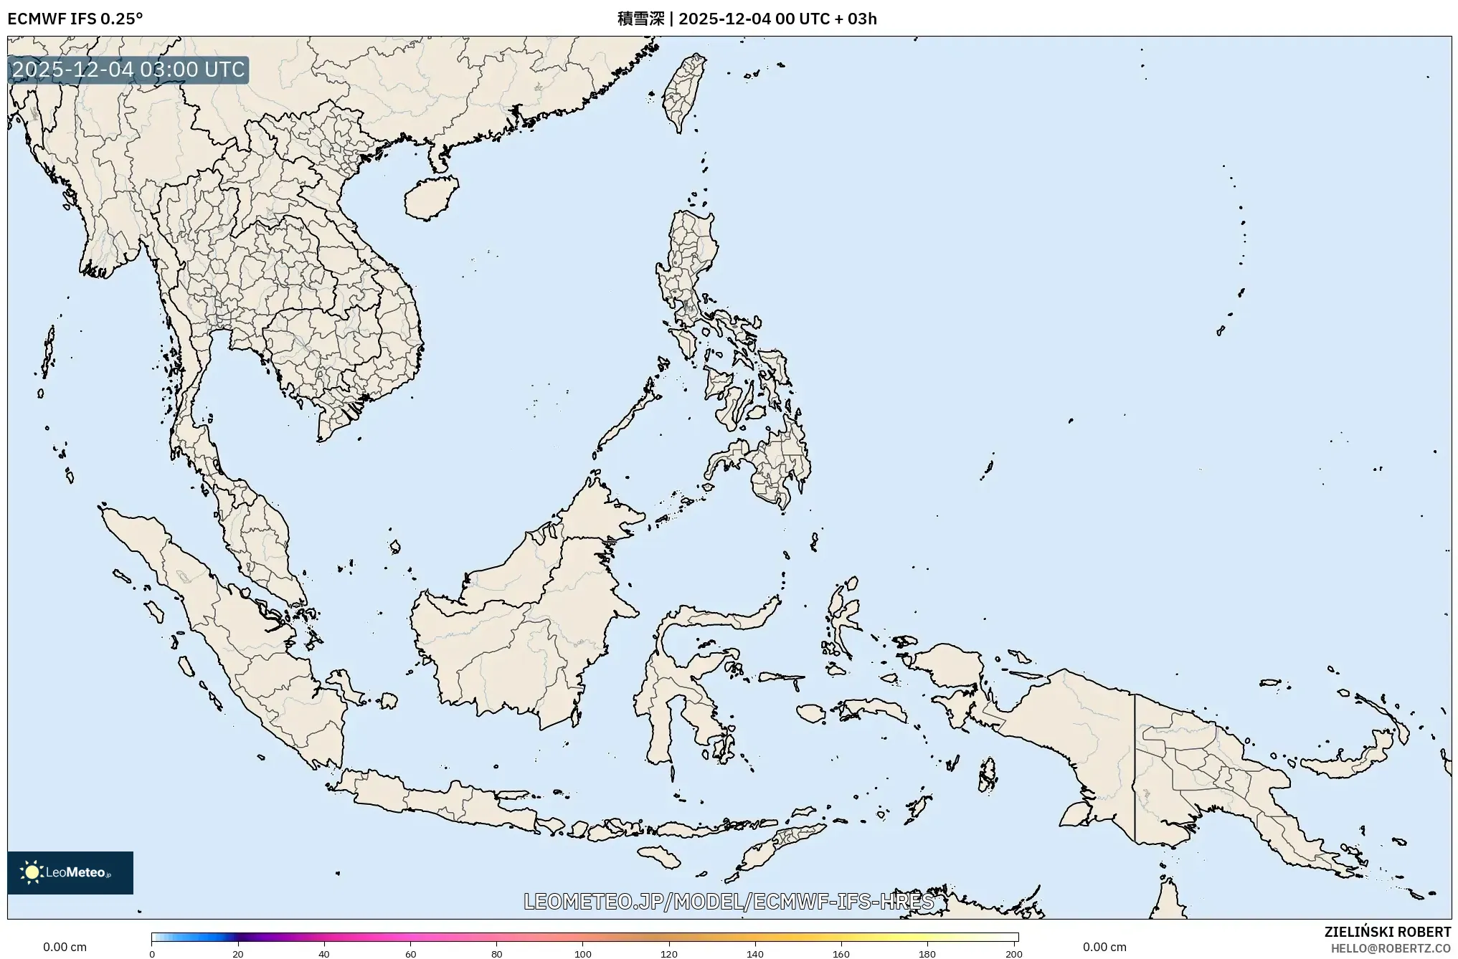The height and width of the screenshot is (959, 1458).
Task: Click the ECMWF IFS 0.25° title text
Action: pos(75,19)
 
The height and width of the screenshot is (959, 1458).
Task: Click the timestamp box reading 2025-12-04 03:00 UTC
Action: pos(128,70)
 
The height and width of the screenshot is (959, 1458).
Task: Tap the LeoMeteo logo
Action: pos(70,872)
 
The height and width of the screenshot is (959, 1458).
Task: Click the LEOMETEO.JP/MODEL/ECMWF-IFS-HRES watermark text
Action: pos(729,902)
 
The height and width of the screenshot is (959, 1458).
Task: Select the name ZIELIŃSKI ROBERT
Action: pos(1387,932)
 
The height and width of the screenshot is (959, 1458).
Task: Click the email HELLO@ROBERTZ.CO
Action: pos(1391,948)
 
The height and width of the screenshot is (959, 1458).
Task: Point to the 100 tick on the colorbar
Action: pos(583,953)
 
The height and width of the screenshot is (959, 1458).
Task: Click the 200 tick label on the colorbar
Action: pos(1013,954)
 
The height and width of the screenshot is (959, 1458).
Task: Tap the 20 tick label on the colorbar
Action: pos(238,954)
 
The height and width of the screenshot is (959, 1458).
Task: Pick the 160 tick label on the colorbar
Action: pos(841,954)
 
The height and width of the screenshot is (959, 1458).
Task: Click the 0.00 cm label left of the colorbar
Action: pos(65,947)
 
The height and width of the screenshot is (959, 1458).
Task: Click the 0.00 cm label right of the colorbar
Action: pos(1104,947)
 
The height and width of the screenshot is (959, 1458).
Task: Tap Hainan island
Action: pos(430,197)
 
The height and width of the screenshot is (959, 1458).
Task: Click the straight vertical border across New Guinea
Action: pos(1135,767)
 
